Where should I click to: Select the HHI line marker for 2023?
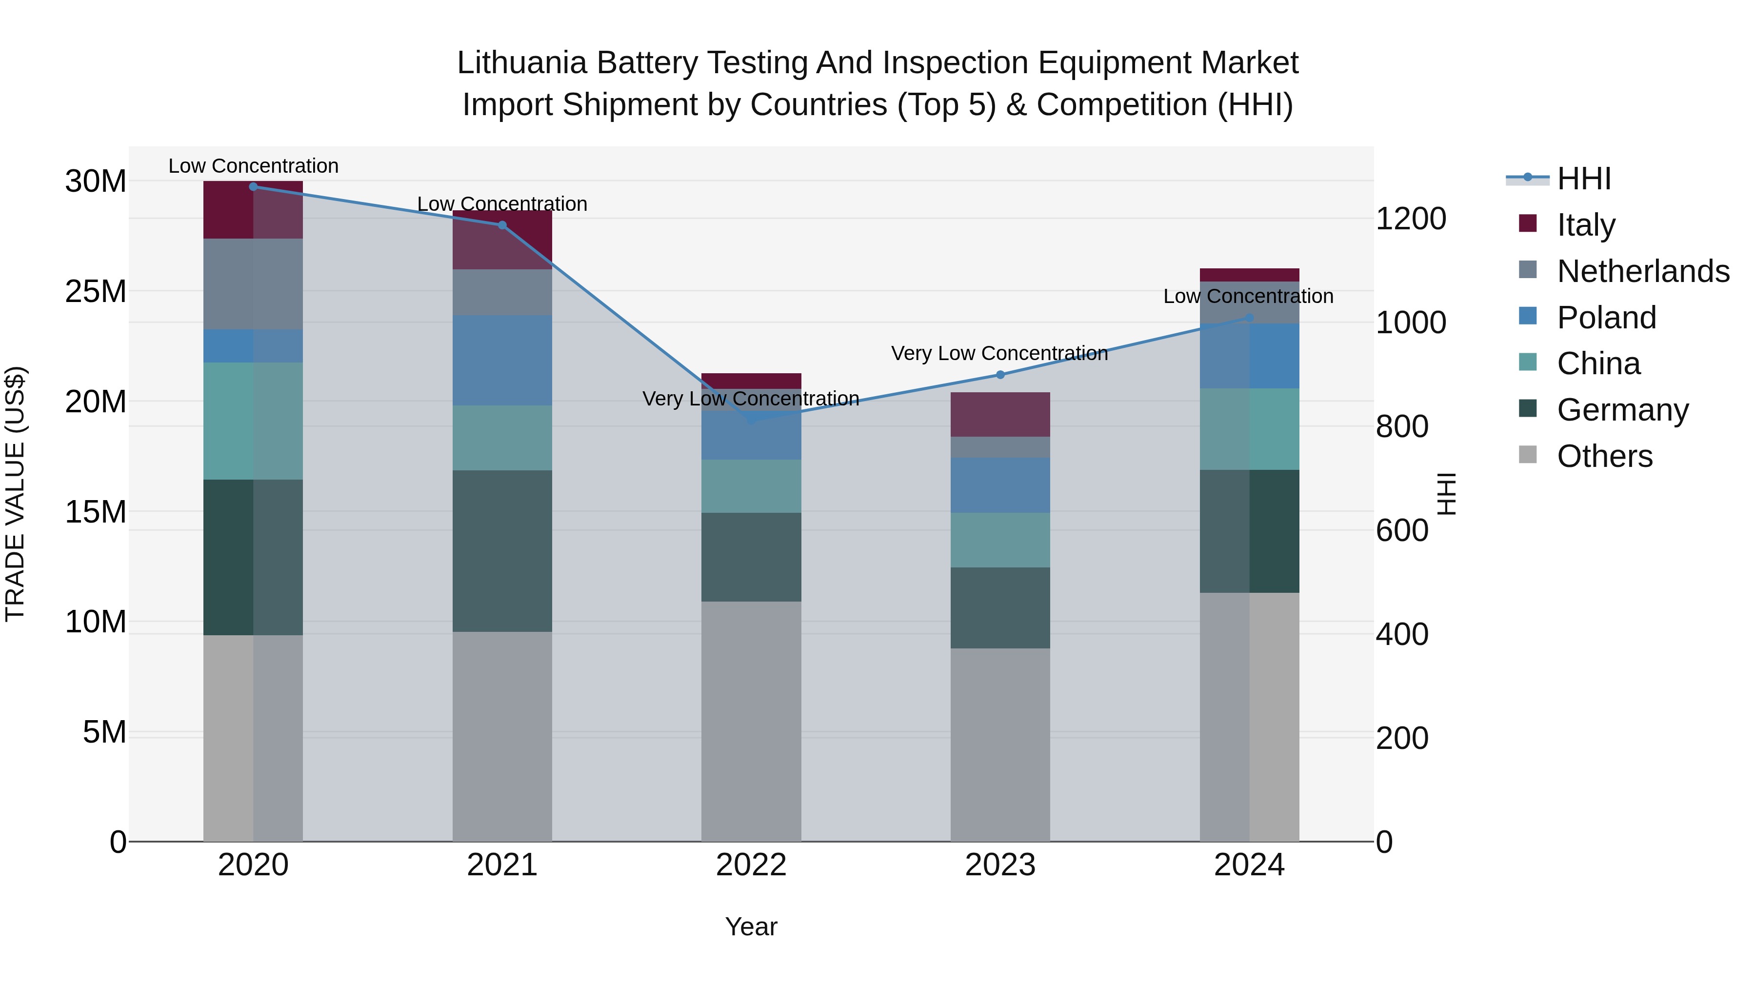click(1000, 374)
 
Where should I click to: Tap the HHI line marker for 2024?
click(1249, 318)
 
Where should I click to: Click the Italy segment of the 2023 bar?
click(1000, 415)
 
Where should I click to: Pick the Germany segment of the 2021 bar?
click(502, 551)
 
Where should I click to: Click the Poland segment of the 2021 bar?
click(502, 360)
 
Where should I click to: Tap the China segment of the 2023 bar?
click(1000, 540)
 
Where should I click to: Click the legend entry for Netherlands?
click(1642, 271)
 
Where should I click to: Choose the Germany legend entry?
click(1622, 410)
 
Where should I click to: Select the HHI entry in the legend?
click(1583, 179)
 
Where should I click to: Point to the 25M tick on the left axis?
click(96, 292)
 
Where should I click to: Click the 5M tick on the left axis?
click(104, 732)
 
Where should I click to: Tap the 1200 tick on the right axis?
click(1410, 219)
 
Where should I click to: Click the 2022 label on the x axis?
click(751, 865)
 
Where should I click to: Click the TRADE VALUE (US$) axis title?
click(15, 494)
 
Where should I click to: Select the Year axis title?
click(751, 927)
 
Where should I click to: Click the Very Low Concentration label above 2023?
click(999, 353)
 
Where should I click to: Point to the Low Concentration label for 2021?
click(502, 204)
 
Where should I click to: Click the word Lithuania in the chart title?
click(521, 63)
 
